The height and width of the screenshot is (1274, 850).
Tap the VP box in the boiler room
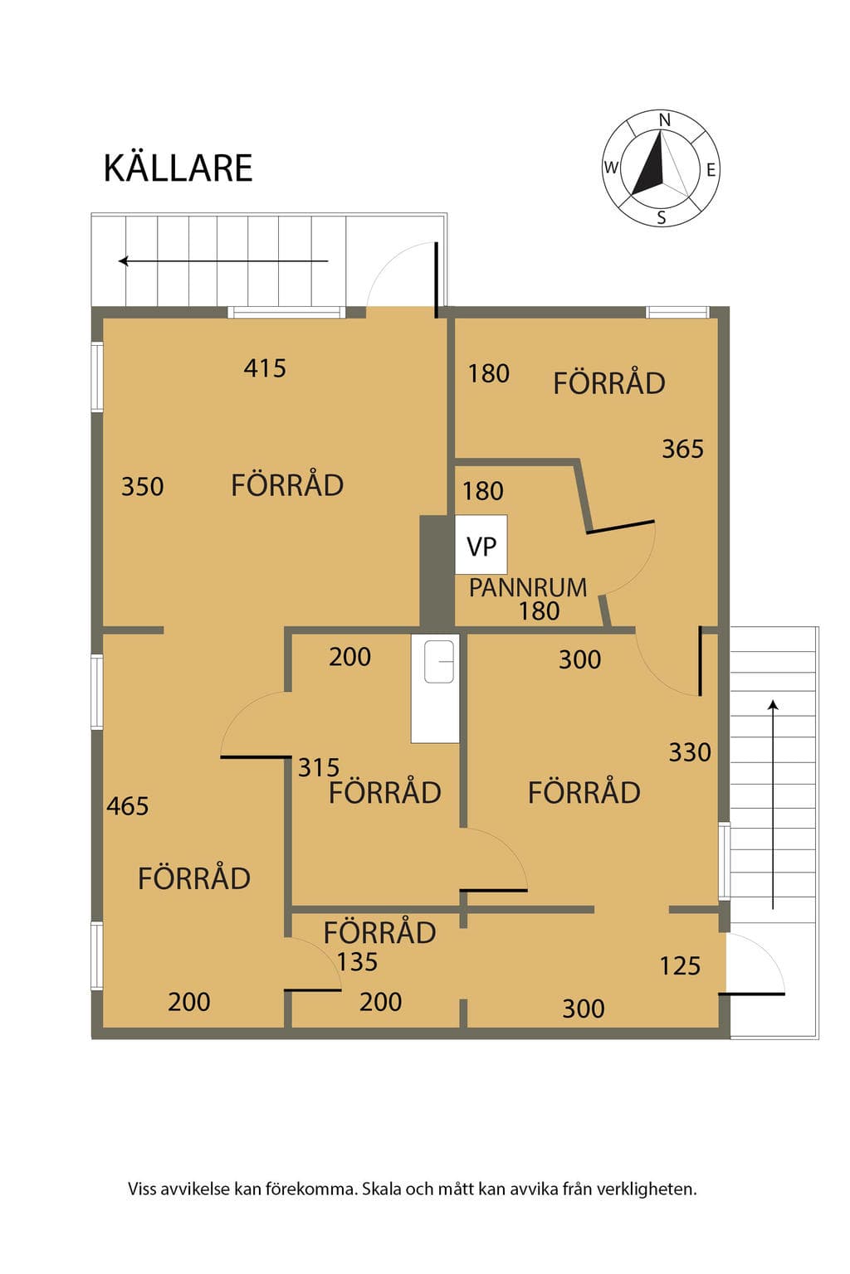click(x=481, y=544)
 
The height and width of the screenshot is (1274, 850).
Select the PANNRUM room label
click(x=527, y=587)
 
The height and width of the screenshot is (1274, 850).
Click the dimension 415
click(x=265, y=368)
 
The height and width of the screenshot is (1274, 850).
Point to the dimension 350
click(x=142, y=486)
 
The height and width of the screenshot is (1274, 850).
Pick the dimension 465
click(x=128, y=806)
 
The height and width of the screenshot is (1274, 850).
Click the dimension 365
click(x=682, y=449)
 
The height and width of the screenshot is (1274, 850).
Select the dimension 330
click(x=690, y=752)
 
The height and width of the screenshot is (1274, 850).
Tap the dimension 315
click(x=319, y=768)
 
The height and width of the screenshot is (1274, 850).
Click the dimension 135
click(x=357, y=962)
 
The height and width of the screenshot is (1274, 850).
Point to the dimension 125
click(x=680, y=965)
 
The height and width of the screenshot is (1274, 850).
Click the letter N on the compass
click(x=664, y=120)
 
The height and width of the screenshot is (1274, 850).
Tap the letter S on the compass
click(x=661, y=217)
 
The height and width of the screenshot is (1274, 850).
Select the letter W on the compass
click(x=611, y=168)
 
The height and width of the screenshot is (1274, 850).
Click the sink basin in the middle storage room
click(x=439, y=661)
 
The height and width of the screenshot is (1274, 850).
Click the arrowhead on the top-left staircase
click(x=123, y=261)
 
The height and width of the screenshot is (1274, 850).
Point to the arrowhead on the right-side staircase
click(x=773, y=705)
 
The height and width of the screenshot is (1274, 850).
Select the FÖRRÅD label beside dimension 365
click(x=609, y=382)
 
